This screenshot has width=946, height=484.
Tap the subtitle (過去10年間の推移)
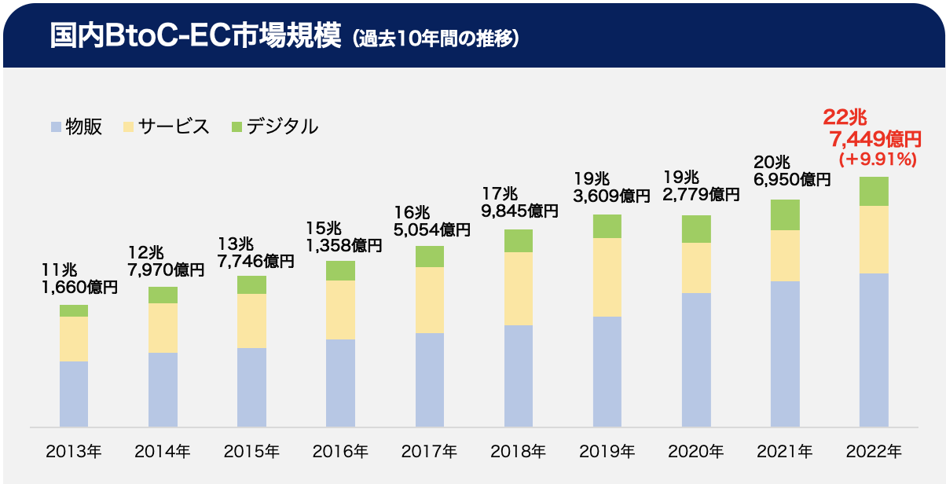[x=435, y=38]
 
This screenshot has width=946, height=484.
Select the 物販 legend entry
[x=76, y=126]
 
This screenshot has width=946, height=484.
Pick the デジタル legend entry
[x=274, y=126]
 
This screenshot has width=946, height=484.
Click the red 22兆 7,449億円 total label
[x=871, y=130]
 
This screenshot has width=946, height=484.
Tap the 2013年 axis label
[x=74, y=452]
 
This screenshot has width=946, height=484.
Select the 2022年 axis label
[x=874, y=452]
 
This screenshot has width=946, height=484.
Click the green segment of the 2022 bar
[x=874, y=191]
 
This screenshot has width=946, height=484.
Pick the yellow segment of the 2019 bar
[x=607, y=277]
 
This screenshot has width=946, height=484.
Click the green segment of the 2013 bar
[x=74, y=310]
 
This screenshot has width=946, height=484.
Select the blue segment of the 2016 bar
[x=340, y=383]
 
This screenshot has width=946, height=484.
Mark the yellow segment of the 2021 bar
[x=785, y=255]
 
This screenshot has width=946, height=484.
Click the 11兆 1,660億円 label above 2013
[x=79, y=279]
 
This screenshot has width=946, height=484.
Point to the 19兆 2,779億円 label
[x=701, y=185]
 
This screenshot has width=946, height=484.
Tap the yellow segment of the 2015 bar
[x=251, y=321]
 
